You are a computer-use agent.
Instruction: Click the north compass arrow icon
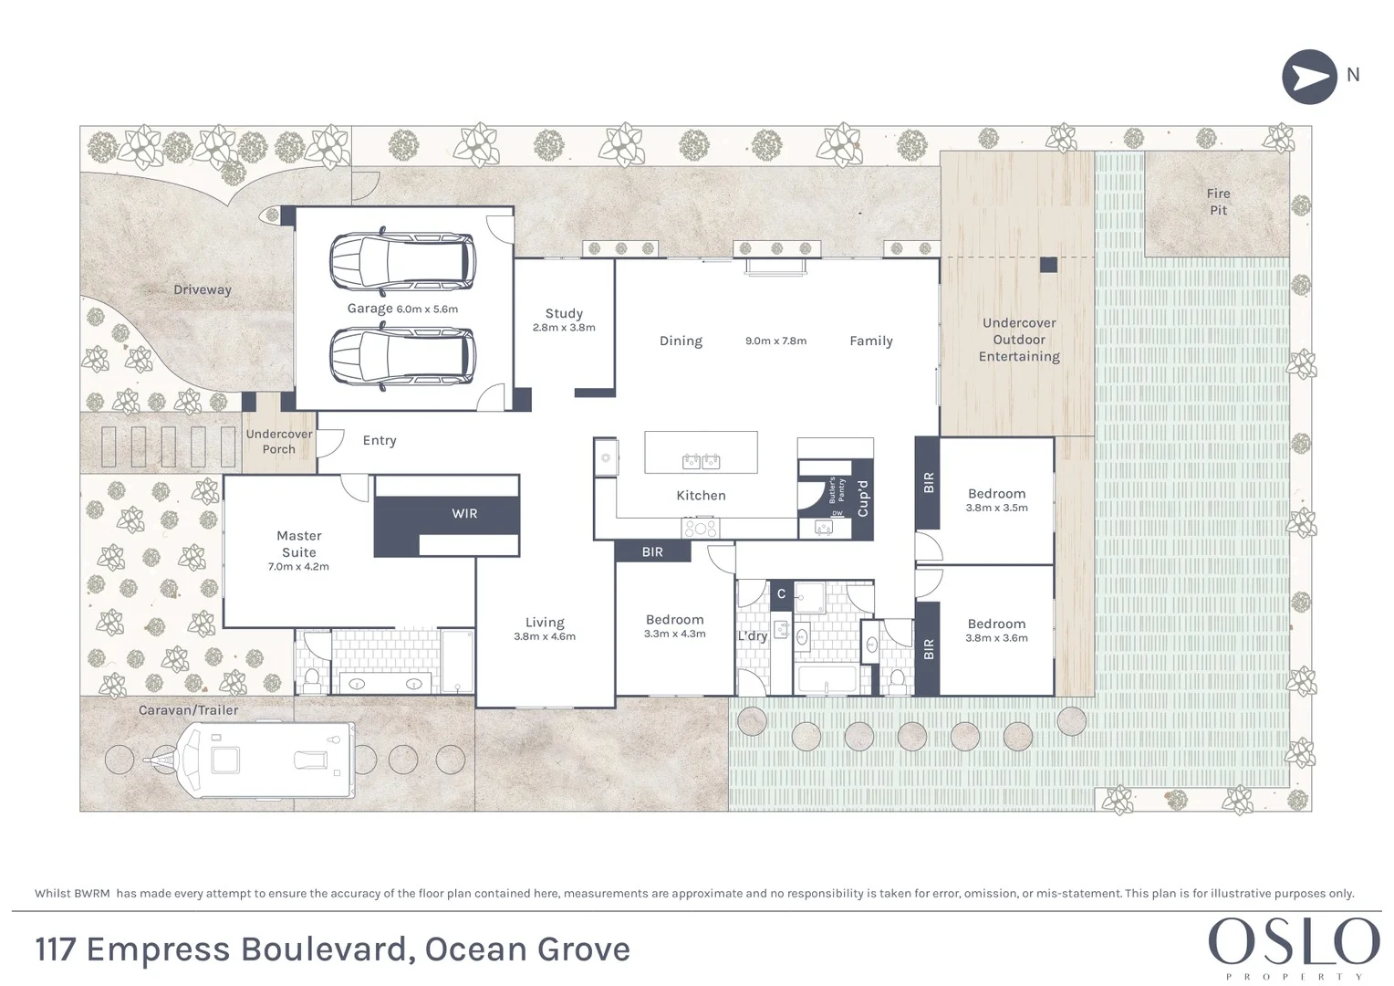[1309, 77]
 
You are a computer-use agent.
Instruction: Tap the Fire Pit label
[1218, 202]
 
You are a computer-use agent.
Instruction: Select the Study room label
[564, 313]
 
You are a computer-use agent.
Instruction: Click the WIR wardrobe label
[464, 514]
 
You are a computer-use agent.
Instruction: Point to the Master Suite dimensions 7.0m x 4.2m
[298, 567]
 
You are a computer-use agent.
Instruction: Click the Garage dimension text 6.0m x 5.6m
[427, 309]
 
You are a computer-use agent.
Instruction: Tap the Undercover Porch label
[279, 442]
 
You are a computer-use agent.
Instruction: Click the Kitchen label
[701, 496]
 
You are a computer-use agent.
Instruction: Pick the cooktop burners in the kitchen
[700, 528]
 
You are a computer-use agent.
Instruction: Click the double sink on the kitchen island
[701, 461]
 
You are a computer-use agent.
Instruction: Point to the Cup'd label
[862, 498]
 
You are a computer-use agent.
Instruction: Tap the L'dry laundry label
[752, 636]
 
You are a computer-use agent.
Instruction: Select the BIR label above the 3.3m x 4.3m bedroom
[652, 552]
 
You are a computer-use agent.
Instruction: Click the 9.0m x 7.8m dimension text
[775, 341]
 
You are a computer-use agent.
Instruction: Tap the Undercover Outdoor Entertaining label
[1019, 340]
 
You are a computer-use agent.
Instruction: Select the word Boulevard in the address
[322, 949]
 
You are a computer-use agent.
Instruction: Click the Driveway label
[203, 290]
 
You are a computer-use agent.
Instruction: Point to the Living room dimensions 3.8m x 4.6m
[545, 637]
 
